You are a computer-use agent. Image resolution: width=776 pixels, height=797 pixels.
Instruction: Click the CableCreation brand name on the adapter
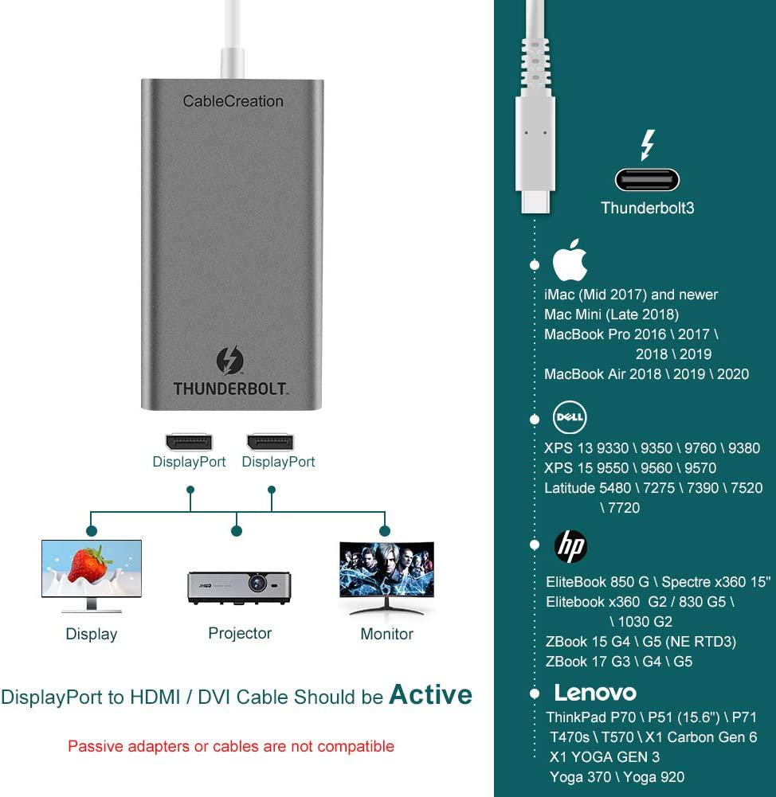pos(233,101)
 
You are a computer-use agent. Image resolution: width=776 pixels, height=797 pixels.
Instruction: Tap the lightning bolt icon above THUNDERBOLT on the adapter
pos(230,361)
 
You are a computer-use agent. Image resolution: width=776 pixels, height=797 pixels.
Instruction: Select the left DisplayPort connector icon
pos(189,442)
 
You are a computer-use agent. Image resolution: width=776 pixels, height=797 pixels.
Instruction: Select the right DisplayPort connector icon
pos(270,442)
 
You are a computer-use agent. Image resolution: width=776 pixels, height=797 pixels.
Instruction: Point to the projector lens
pos(257,584)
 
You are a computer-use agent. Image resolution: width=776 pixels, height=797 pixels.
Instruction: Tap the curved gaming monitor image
pos(386,569)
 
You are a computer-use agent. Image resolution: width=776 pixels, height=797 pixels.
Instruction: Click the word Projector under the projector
pos(240,633)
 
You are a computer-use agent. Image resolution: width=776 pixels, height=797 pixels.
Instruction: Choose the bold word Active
pos(430,695)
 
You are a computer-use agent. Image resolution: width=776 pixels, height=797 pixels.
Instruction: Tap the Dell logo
pos(570,417)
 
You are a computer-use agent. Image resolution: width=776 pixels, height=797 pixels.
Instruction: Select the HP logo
pos(570,545)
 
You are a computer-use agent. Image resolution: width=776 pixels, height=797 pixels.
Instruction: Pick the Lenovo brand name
pos(595,693)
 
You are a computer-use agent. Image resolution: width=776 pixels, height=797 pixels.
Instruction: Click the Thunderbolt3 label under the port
pos(647,208)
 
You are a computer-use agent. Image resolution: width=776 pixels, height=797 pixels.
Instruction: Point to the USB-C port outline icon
pos(647,180)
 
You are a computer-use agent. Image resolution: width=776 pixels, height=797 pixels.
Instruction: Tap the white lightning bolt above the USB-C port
pos(647,145)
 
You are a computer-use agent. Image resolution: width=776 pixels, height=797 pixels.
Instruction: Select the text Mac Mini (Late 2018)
pos(611,315)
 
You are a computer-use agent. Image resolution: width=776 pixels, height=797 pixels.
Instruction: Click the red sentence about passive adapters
pos(231,746)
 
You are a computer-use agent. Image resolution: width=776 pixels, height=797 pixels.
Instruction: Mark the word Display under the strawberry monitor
pos(92,634)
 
